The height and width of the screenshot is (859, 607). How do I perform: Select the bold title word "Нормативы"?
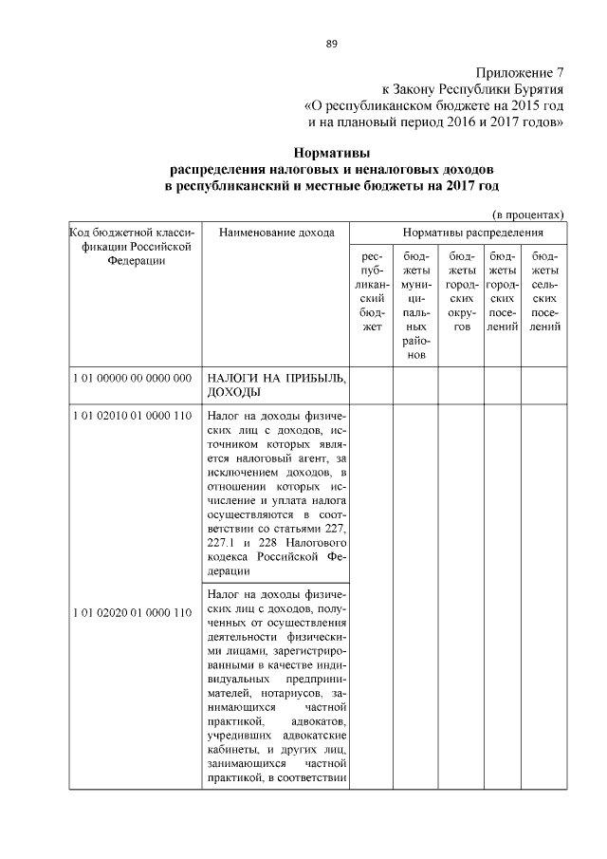pyautogui.click(x=331, y=152)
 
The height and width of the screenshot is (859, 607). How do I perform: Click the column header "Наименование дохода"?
pyautogui.click(x=276, y=232)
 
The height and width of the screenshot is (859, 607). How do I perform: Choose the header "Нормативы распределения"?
pyautogui.click(x=459, y=232)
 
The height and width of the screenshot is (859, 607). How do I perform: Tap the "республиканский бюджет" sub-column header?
pyautogui.click(x=373, y=291)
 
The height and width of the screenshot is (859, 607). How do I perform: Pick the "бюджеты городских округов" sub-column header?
pyautogui.click(x=461, y=291)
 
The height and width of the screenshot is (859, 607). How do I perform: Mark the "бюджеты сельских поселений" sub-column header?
pyautogui.click(x=544, y=291)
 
